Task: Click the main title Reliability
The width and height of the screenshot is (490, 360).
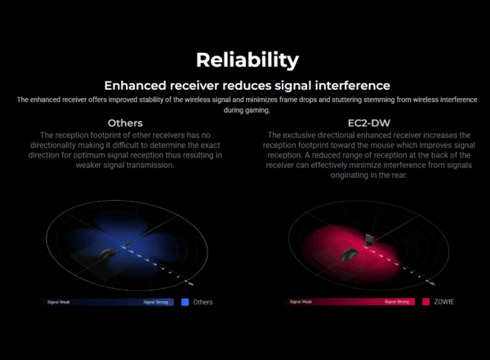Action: [x=247, y=60]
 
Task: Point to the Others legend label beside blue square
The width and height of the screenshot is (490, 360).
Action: [x=203, y=302]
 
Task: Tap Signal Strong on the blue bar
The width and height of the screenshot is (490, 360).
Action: [x=157, y=302]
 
